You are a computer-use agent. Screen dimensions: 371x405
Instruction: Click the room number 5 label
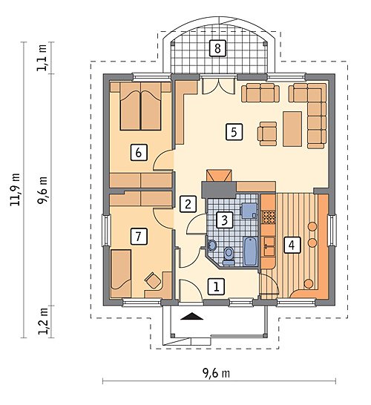tap(234, 132)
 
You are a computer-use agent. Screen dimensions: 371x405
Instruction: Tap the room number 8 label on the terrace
tap(217, 48)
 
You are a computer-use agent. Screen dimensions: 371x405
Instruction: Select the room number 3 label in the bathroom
tap(225, 220)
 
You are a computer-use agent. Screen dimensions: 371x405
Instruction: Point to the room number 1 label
tap(217, 286)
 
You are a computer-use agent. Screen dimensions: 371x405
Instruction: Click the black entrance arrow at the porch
tap(191, 316)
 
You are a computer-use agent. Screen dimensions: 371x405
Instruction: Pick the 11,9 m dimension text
tap(15, 189)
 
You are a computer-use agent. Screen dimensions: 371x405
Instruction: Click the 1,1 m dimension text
tap(42, 58)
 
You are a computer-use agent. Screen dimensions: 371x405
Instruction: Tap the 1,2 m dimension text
tap(43, 321)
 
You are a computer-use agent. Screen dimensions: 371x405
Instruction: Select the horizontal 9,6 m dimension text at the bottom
tap(216, 373)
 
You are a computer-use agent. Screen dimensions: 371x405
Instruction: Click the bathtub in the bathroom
tap(250, 251)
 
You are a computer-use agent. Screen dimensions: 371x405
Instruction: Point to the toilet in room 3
tap(229, 256)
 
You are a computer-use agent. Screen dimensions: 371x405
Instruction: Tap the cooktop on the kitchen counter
tap(269, 217)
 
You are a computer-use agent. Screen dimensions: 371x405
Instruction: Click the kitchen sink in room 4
tap(269, 247)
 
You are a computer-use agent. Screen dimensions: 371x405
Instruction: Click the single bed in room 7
tap(121, 274)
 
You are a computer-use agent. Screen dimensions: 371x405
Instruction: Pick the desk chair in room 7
tap(152, 280)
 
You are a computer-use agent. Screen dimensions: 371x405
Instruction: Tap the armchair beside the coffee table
tap(267, 134)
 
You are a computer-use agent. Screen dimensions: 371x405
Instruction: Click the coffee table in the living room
tap(292, 129)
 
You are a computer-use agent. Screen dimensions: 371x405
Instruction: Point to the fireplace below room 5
tap(219, 176)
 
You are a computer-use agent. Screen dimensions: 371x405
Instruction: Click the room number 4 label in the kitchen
tap(292, 245)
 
